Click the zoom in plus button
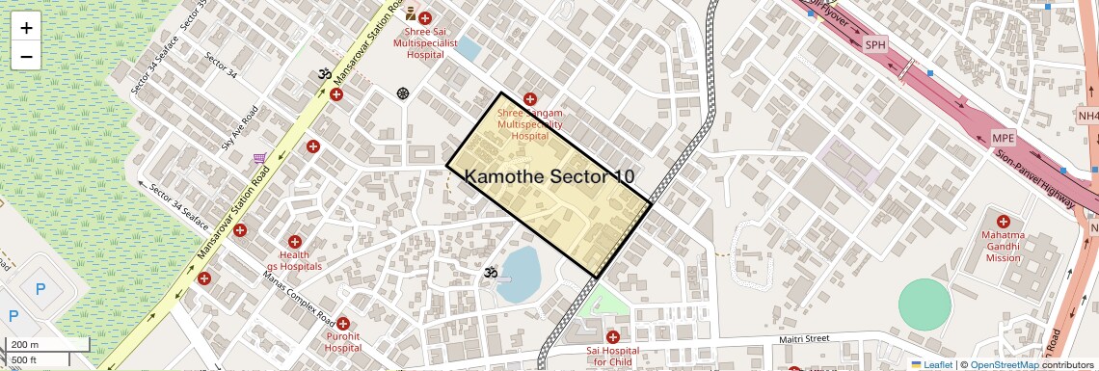coord(26,28)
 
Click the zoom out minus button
coord(26,56)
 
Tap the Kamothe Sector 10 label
coord(549,176)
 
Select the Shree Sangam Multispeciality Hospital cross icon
coord(529,99)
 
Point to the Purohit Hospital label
coord(343,341)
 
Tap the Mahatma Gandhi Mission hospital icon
coord(1003,222)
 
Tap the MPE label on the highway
coord(1004,139)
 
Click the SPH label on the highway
coord(874,44)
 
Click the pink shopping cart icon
coord(259,159)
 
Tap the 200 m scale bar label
coord(25,345)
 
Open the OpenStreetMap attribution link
coord(1005,364)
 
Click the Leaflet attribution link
coord(937,364)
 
